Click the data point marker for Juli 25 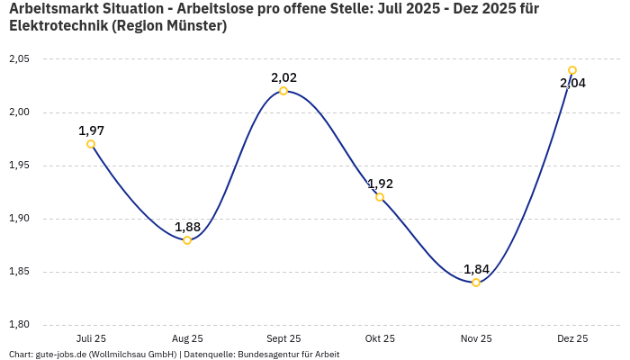(91, 144)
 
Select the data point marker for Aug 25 (187, 240)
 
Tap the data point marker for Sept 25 (283, 91)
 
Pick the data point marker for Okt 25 (380, 197)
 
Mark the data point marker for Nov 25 (476, 283)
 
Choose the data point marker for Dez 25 (572, 70)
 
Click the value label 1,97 (91, 130)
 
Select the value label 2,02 (283, 77)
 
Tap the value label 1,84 (476, 269)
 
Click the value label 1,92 (380, 184)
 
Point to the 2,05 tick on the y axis (19, 59)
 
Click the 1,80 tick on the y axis (19, 325)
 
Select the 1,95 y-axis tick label (19, 166)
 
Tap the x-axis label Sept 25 (283, 338)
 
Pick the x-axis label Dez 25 (572, 338)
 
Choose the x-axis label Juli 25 (91, 338)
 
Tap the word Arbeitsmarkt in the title (53, 8)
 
